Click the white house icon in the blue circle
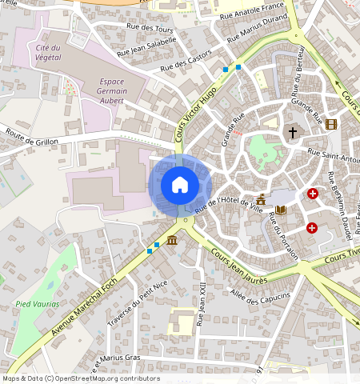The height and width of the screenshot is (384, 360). pyautogui.click(x=180, y=185)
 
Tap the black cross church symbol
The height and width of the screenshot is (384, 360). pyautogui.click(x=292, y=131)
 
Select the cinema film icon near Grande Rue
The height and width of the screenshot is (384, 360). pyautogui.click(x=331, y=124)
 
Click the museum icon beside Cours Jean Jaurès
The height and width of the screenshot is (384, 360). pyautogui.click(x=172, y=240)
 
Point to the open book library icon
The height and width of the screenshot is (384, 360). pyautogui.click(x=280, y=210)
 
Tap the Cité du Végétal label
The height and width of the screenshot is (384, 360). pyautogui.click(x=54, y=53)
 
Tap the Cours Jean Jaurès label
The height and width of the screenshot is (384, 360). pyautogui.click(x=239, y=265)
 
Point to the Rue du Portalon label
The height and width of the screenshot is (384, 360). pyautogui.click(x=284, y=239)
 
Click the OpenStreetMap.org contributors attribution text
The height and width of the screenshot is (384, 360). pyautogui.click(x=115, y=378)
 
